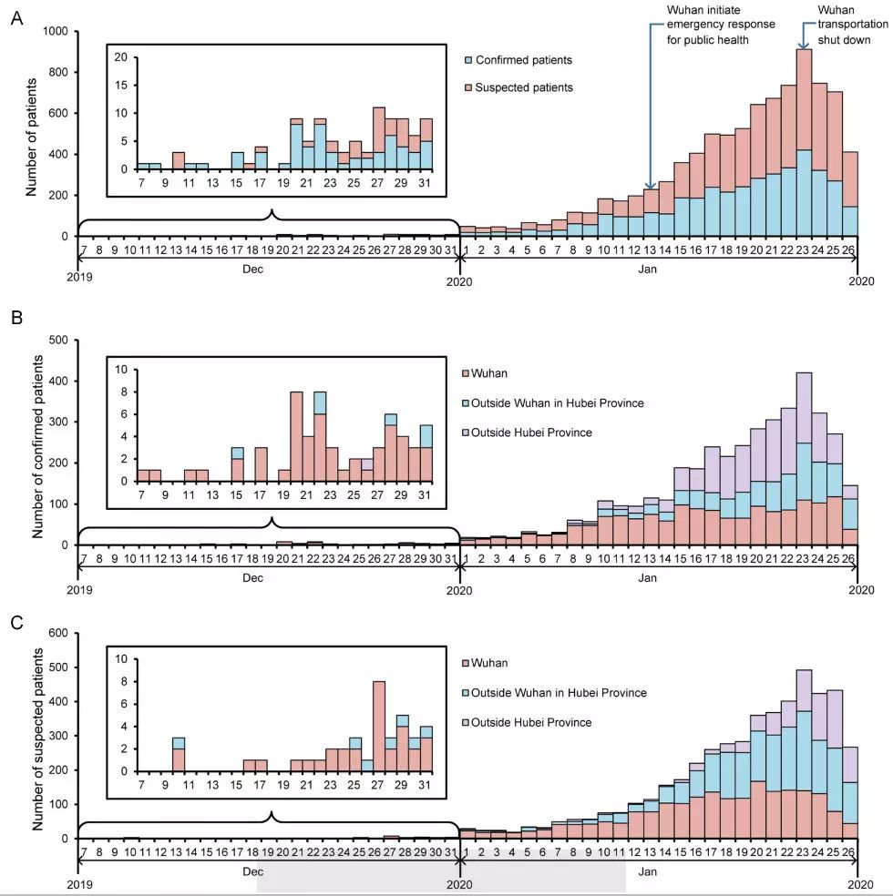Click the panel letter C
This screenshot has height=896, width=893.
(x=16, y=623)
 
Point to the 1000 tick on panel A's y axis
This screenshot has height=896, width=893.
(x=55, y=32)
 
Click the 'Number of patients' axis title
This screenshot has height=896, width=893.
(x=32, y=137)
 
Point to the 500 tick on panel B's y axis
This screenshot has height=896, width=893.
(x=57, y=340)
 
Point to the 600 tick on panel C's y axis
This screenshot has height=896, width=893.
(x=57, y=633)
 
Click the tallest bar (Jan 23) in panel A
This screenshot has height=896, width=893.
(x=804, y=146)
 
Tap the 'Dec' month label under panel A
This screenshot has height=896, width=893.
(x=269, y=270)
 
